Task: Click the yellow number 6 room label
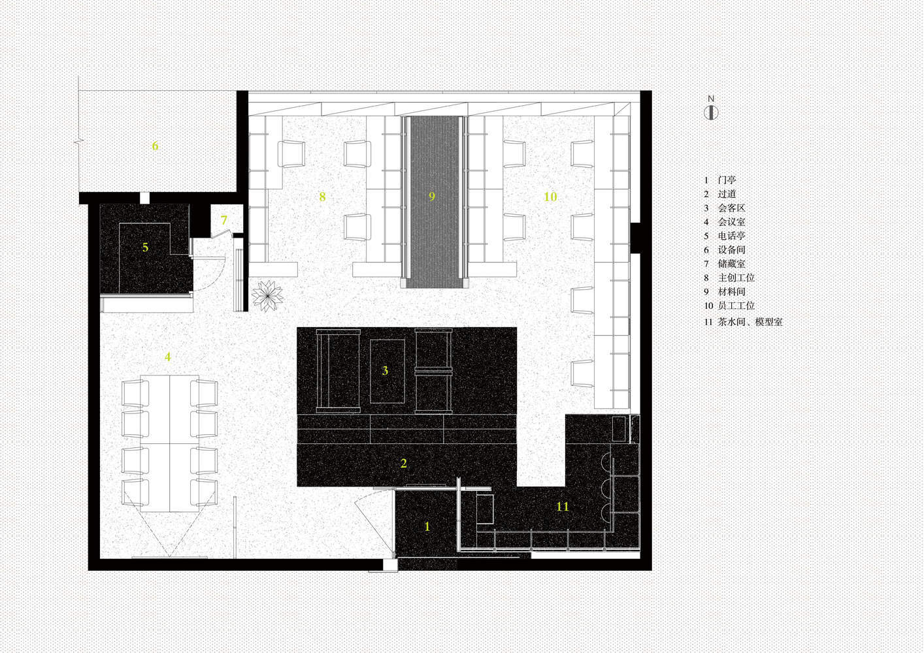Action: tap(155, 146)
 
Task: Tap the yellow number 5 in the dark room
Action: tap(145, 247)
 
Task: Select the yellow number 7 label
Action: tap(224, 219)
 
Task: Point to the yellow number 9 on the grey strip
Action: tap(432, 197)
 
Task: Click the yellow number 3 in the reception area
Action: tap(385, 370)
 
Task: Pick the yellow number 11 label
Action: tap(563, 506)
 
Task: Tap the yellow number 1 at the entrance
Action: tap(427, 526)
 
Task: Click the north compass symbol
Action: tap(711, 112)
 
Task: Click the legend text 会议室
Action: tap(732, 222)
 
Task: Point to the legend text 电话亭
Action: tap(732, 236)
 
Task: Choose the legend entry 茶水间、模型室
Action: tap(750, 321)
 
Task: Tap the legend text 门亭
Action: tap(727, 180)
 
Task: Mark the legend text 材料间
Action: tap(732, 291)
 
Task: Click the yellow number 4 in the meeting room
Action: tap(167, 357)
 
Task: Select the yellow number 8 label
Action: tap(322, 197)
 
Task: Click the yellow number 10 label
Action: tap(550, 197)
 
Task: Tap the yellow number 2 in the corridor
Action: tap(404, 463)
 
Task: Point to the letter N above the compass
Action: tap(711, 99)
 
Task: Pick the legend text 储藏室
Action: tap(732, 264)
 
